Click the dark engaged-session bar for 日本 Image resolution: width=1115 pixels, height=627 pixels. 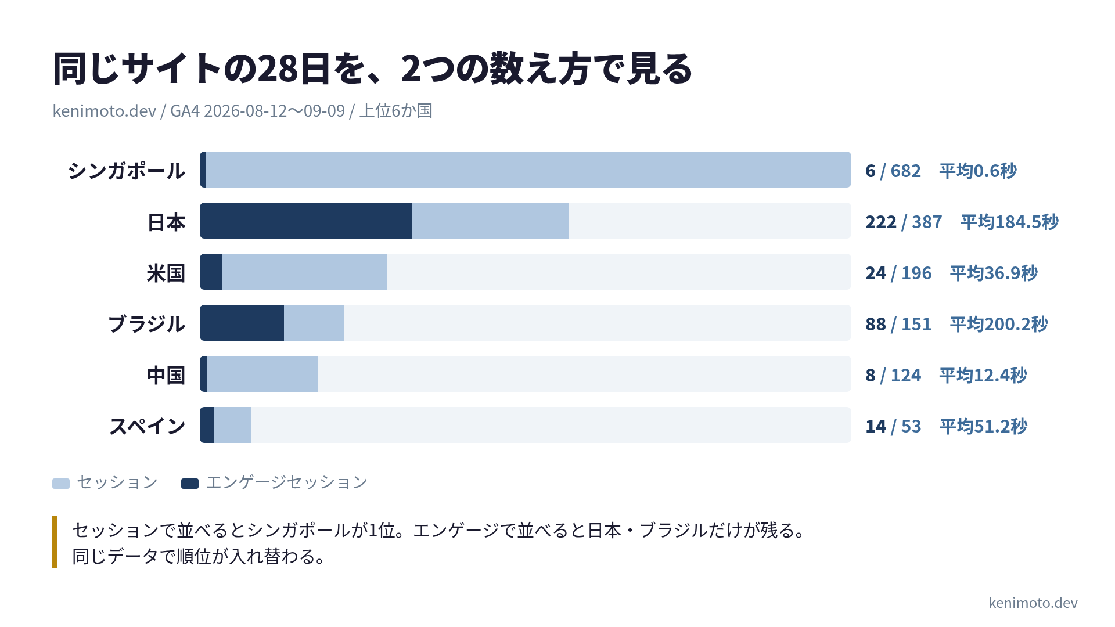point(306,221)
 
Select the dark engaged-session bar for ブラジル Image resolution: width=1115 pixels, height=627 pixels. point(242,323)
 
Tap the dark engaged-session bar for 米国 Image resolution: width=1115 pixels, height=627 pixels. point(211,272)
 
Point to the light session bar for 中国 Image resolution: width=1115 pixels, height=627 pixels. point(262,374)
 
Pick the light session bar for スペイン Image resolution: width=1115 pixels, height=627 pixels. point(232,425)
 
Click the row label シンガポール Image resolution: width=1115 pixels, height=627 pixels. point(127,171)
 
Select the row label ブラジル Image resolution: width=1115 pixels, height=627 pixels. point(147,324)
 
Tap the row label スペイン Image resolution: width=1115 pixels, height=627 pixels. point(148,426)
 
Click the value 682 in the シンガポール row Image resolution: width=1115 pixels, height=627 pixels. point(906,171)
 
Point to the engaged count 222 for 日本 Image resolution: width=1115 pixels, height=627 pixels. point(881,222)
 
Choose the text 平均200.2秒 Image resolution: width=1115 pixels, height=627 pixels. point(999,324)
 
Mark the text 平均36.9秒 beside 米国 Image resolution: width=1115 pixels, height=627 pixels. point(994,273)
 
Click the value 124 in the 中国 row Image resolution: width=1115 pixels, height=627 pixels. point(906,375)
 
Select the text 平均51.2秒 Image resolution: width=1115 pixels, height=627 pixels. point(984,426)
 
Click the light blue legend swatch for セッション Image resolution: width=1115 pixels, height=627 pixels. point(61,483)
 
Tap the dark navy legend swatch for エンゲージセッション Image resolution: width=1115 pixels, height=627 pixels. point(190,483)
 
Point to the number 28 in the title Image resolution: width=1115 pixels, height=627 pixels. point(277,69)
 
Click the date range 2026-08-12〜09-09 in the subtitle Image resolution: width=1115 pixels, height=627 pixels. point(274,110)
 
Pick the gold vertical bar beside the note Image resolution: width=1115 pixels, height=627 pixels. point(55,542)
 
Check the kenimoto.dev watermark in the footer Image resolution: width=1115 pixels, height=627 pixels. point(1033,603)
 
